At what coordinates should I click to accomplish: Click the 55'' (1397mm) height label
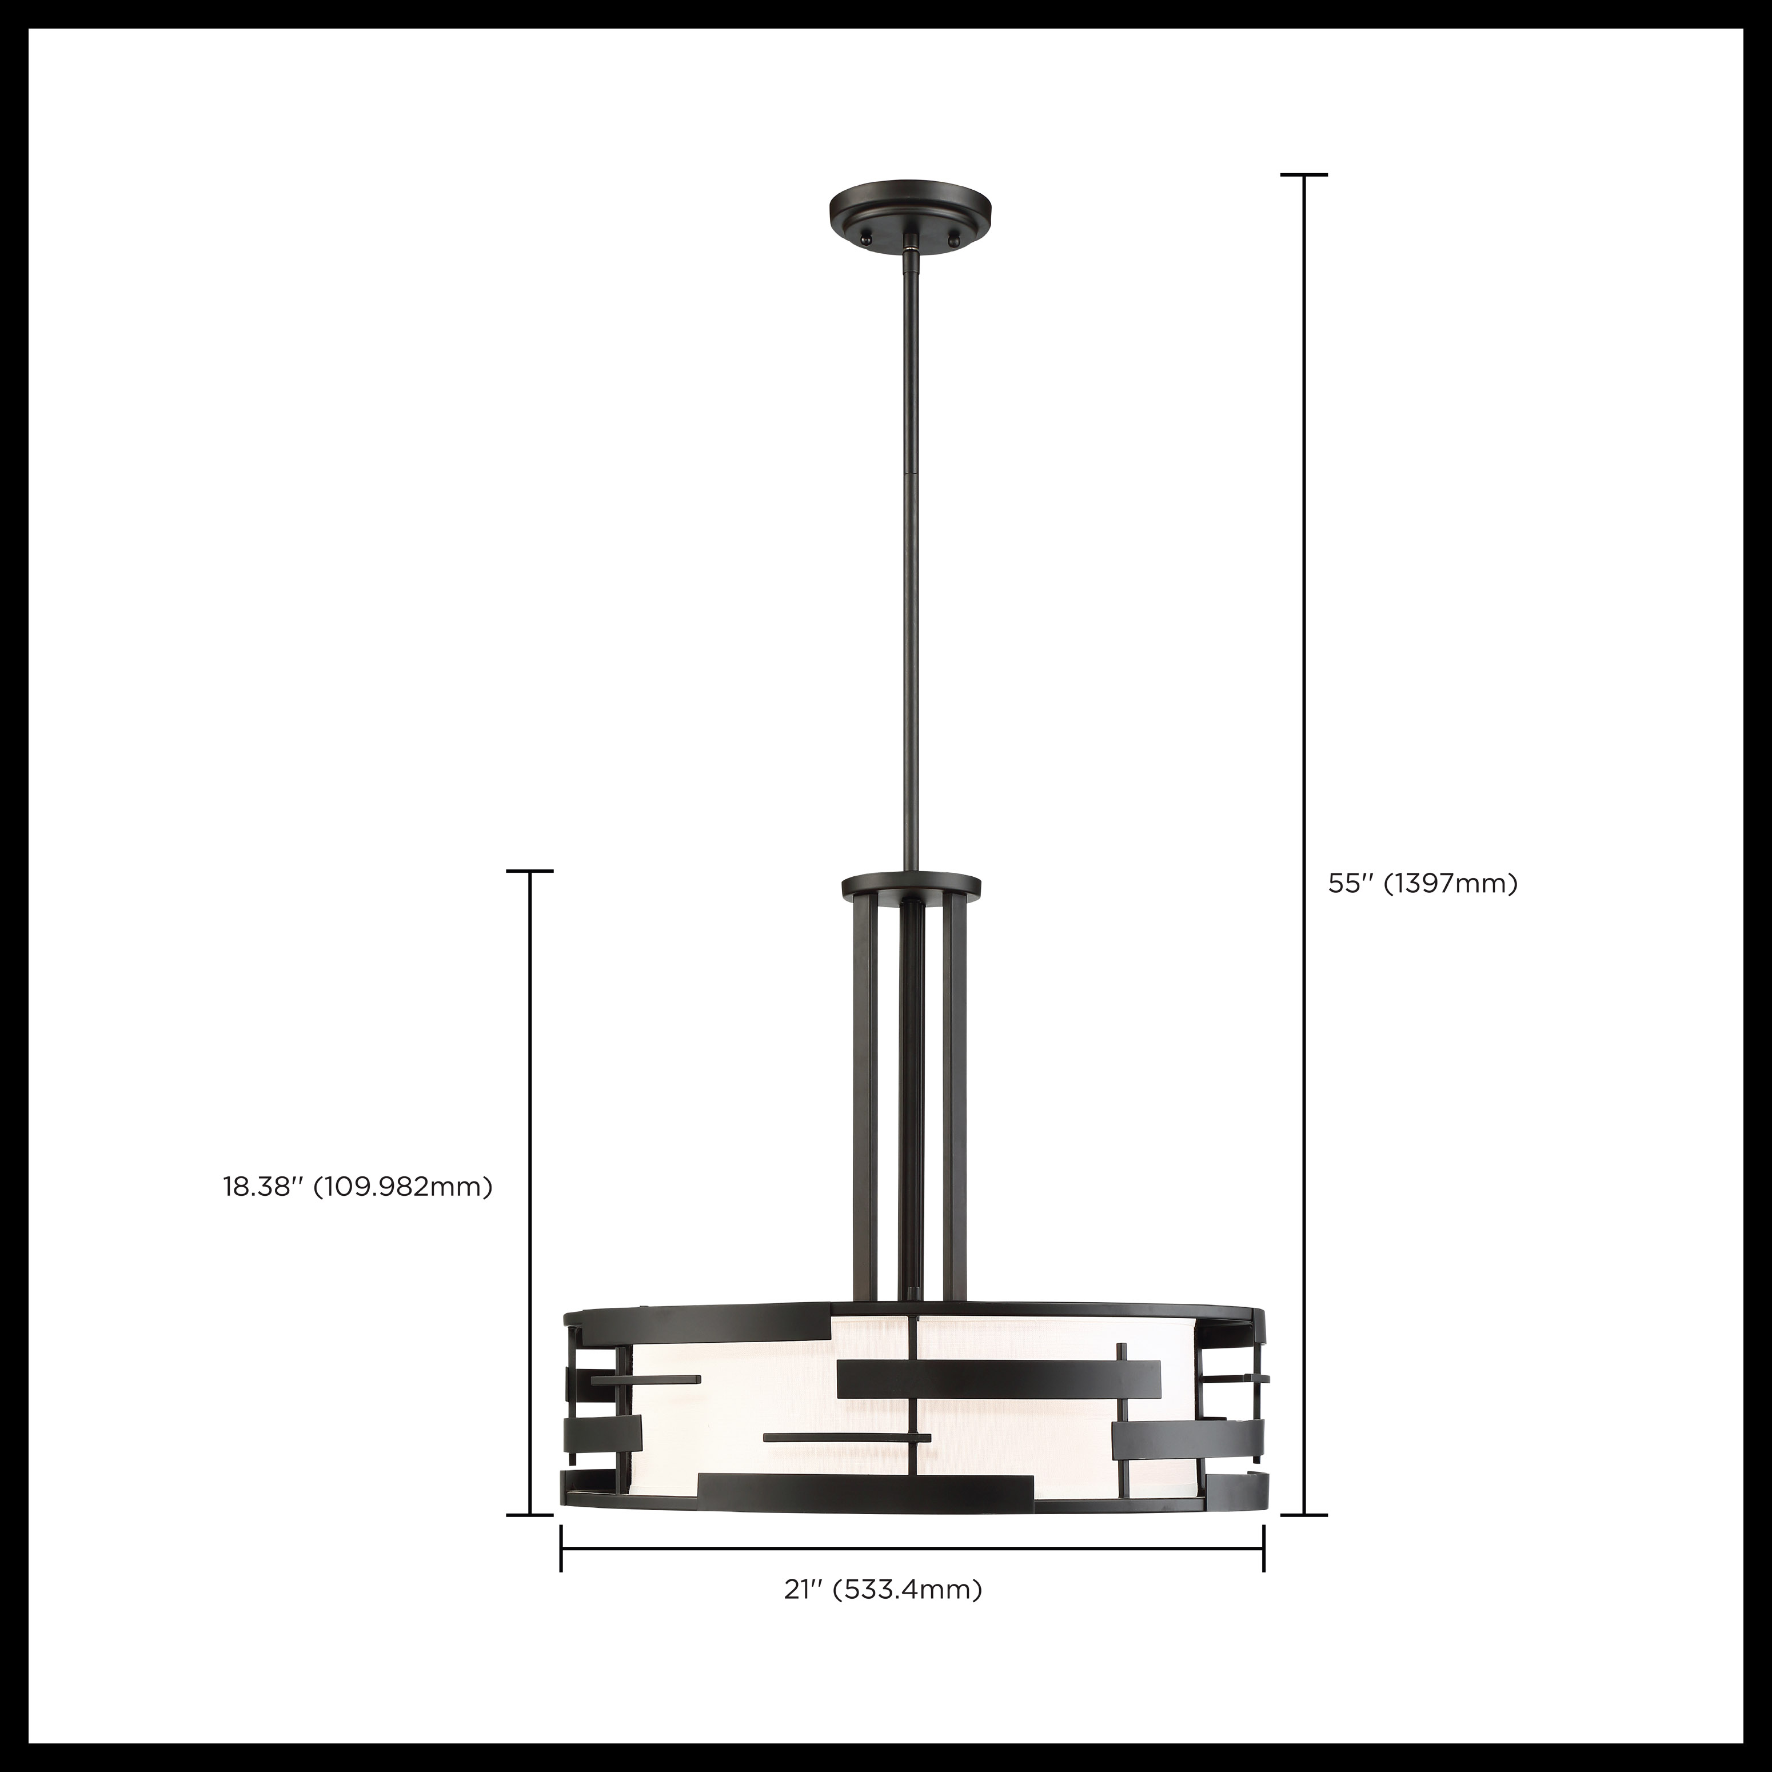pos(1423,883)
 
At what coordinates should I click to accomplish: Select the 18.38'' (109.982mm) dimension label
pos(358,1186)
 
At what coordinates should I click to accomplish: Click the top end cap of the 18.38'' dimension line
pos(530,871)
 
